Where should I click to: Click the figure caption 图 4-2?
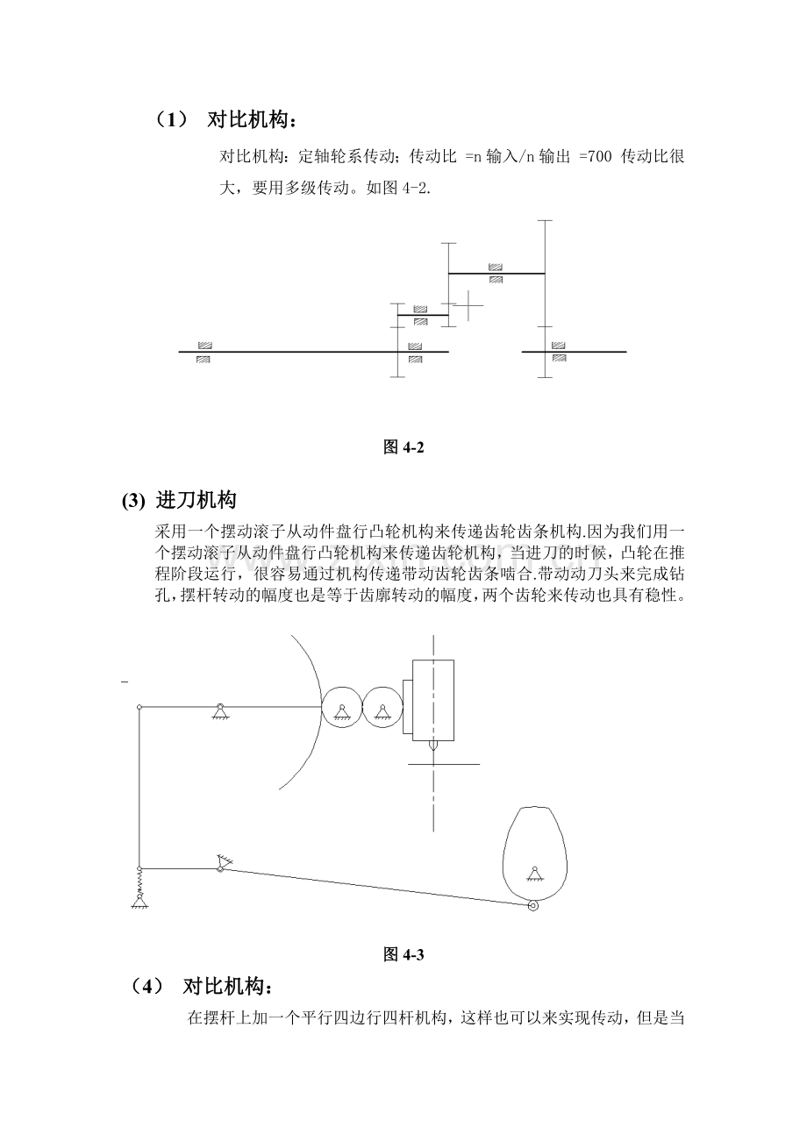[403, 447]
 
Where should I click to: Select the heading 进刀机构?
[196, 500]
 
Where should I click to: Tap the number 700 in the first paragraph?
[600, 156]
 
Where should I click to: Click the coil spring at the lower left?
[139, 881]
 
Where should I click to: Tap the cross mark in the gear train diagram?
[468, 305]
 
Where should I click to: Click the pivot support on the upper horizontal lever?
[220, 710]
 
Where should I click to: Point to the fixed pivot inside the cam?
[534, 874]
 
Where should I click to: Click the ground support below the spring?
[139, 902]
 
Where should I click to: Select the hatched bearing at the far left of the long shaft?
[204, 353]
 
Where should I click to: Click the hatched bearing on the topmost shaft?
[495, 274]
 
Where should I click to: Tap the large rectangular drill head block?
[433, 700]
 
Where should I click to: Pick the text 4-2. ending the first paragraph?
[417, 188]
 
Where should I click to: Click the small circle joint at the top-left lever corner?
[139, 707]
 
